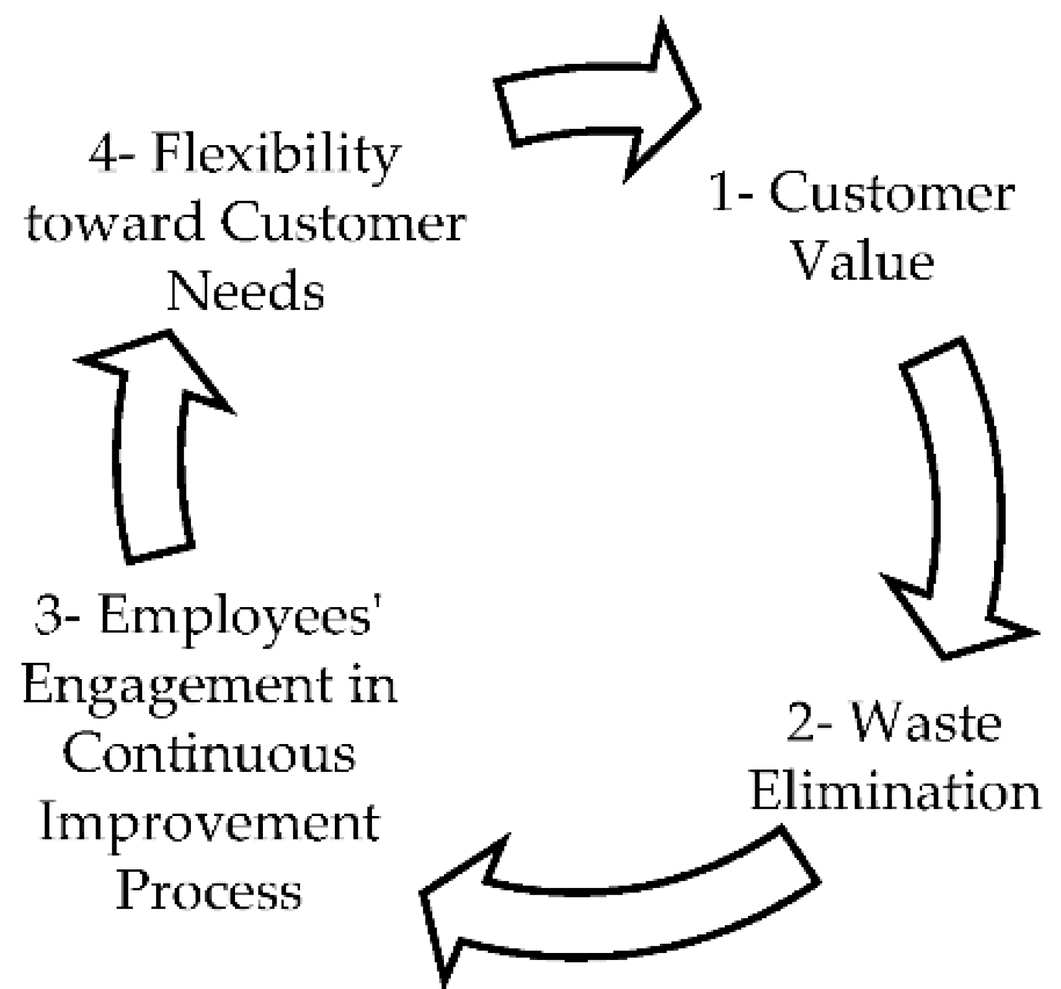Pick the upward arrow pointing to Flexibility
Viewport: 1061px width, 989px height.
coord(152,446)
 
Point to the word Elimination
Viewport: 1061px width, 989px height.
coord(895,792)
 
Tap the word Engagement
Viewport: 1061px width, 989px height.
coord(177,687)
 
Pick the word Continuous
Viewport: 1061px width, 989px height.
coord(210,755)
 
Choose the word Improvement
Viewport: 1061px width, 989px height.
coord(210,823)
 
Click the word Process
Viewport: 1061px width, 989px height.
coord(210,892)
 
